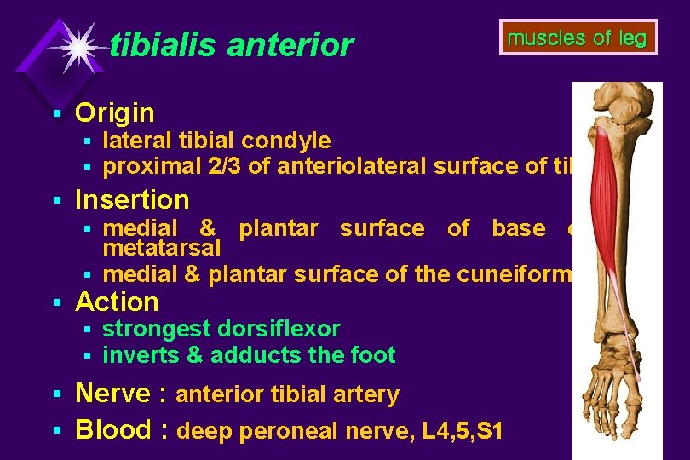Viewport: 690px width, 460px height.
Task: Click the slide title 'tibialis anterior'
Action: tap(231, 45)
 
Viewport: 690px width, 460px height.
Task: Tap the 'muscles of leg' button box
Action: tap(578, 37)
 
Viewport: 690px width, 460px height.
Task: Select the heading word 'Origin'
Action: tap(115, 112)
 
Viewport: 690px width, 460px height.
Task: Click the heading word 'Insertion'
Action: tap(132, 199)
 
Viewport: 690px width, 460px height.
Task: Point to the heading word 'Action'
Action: tap(117, 302)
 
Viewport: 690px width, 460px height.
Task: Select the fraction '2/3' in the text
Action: tap(225, 166)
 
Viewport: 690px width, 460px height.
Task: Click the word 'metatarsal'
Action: tap(162, 248)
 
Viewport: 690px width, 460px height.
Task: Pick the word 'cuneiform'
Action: tap(529, 274)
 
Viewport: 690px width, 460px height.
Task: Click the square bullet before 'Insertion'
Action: tap(56, 200)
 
